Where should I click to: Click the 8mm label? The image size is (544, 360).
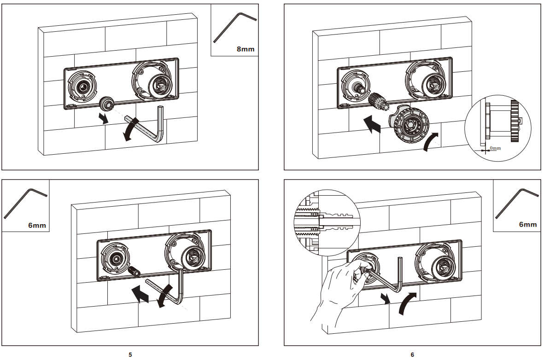pos(245,48)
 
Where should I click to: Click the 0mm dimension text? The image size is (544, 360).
pos(495,148)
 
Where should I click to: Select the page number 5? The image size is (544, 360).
pos(130,354)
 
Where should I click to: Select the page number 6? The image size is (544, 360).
pos(412,354)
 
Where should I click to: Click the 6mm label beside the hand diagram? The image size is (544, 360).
pos(527,225)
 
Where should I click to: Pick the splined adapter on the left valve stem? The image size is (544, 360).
pos(376,100)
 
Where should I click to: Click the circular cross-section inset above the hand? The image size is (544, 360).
pos(325,221)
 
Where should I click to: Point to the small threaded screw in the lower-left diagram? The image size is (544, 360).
pos(135,271)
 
